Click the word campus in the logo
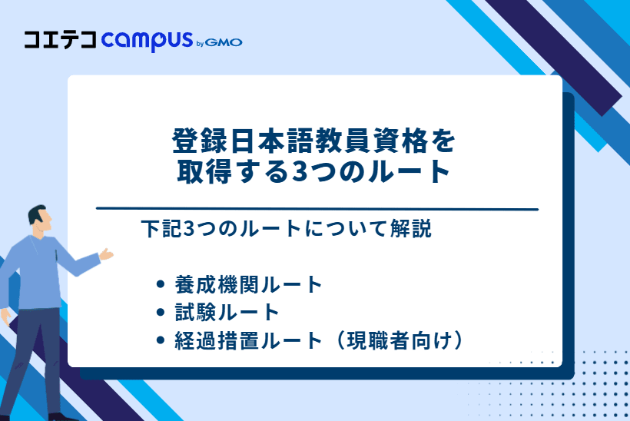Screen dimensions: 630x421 tap(147, 40)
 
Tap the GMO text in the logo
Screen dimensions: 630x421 tap(224, 42)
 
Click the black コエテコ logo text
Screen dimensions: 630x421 tap(60, 40)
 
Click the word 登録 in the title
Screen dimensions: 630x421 tap(200, 141)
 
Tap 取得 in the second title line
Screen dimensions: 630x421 tap(204, 171)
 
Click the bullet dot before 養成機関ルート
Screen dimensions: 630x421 tap(161, 284)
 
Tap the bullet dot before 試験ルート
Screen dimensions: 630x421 tap(161, 312)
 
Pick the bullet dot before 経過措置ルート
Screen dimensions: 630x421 tap(161, 340)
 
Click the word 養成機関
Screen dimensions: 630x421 tap(217, 285)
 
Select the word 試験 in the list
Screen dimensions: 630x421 tap(195, 313)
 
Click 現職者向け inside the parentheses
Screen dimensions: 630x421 tap(399, 340)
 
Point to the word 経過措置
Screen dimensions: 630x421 tap(217, 340)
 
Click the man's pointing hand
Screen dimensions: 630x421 tap(106, 254)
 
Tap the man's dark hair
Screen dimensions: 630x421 tap(37, 214)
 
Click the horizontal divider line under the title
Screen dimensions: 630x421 tap(317, 209)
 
